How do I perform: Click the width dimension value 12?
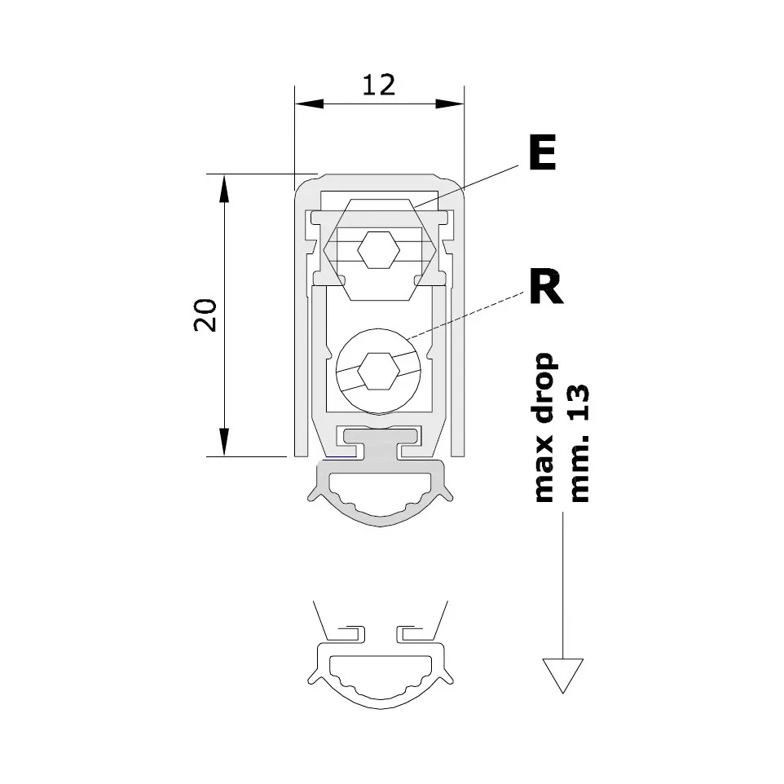tap(378, 85)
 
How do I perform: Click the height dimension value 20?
tap(205, 315)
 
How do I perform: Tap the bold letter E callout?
tap(542, 152)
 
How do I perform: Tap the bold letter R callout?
tap(547, 286)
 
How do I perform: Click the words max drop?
tap(544, 428)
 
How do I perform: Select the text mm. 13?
tap(579, 443)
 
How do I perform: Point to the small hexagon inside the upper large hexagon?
tap(379, 250)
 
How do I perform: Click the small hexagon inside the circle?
tap(379, 371)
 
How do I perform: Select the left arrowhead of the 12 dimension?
tap(309, 104)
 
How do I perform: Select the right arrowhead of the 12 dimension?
tap(450, 104)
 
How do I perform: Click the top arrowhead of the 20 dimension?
tap(224, 189)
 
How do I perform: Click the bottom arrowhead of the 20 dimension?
tap(224, 442)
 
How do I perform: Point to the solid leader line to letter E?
tap(466, 186)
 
